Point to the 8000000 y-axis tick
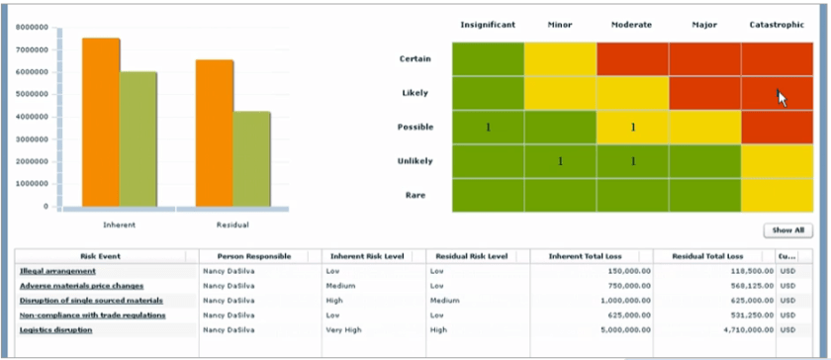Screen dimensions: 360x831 tap(34, 28)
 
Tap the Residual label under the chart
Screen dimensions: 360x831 tap(232, 225)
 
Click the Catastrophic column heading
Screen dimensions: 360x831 tap(776, 25)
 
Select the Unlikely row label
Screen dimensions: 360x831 tap(415, 161)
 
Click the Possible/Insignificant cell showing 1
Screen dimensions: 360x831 tap(488, 128)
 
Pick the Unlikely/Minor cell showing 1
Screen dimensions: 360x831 tap(560, 161)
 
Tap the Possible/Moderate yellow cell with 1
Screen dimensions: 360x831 tap(632, 128)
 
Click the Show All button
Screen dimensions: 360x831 tap(786, 230)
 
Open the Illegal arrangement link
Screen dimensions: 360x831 tap(57, 271)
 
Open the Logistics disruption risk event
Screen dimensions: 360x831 tap(55, 330)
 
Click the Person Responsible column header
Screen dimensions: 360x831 tap(254, 256)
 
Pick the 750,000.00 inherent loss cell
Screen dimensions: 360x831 tap(623, 286)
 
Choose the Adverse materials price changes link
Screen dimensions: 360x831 tap(81, 286)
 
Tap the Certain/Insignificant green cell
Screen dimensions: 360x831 tap(488, 58)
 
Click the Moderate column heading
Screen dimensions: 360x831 tap(632, 25)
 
